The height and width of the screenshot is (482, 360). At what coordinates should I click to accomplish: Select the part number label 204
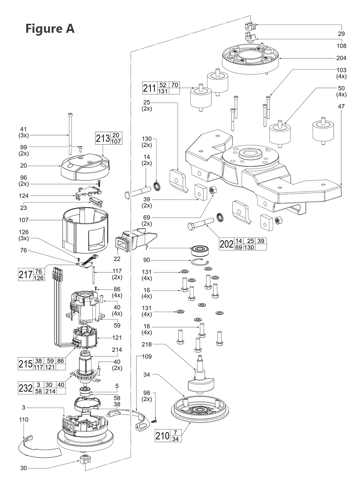tap(341, 58)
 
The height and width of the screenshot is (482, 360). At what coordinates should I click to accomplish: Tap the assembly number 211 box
tap(150, 88)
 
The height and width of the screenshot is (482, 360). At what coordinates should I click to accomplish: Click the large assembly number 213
tap(103, 138)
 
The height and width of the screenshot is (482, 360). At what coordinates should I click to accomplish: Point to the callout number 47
tap(341, 107)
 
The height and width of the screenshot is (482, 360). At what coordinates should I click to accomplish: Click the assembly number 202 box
tap(226, 244)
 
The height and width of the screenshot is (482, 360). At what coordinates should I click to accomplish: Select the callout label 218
tap(147, 344)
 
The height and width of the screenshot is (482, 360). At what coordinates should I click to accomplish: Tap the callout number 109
tap(147, 357)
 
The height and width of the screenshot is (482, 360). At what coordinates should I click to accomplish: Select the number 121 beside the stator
tap(117, 338)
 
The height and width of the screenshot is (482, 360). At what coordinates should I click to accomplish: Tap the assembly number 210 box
tap(162, 436)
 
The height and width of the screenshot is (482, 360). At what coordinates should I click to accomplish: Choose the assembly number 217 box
tap(25, 275)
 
